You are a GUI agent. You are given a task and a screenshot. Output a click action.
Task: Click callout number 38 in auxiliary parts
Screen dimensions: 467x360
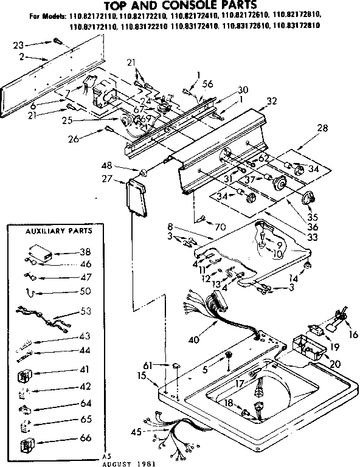[x=86, y=252]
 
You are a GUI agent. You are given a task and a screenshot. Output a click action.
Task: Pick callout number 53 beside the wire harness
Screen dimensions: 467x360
[x=86, y=311]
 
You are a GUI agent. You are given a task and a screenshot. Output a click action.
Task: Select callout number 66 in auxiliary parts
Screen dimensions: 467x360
[x=86, y=438]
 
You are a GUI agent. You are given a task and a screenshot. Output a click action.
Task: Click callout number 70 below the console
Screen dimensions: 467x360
[x=220, y=227]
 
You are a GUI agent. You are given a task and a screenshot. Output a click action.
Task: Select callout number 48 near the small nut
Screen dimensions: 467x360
[x=123, y=165]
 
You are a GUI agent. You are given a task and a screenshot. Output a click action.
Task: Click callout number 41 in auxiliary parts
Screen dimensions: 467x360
[x=86, y=368]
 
